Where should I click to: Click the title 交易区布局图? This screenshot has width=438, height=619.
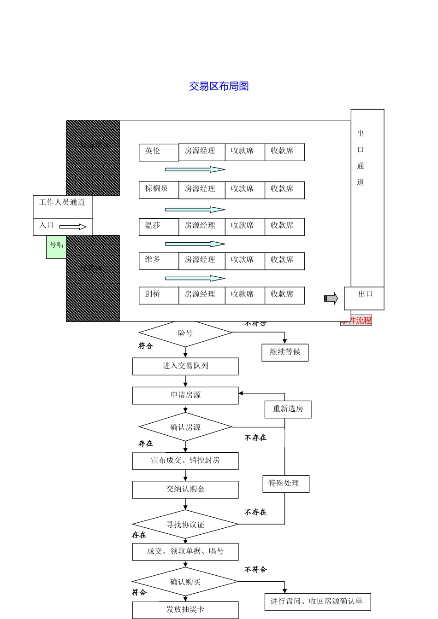(x=219, y=87)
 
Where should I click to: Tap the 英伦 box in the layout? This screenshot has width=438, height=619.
(x=158, y=152)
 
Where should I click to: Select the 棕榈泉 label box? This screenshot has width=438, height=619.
(x=158, y=189)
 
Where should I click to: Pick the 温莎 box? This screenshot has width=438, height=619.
(x=158, y=226)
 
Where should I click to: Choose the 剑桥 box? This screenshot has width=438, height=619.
(x=158, y=295)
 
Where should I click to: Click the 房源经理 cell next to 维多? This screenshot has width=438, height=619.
(x=201, y=260)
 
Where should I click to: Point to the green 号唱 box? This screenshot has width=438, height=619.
(x=56, y=246)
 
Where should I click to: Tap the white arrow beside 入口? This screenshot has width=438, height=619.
(x=73, y=227)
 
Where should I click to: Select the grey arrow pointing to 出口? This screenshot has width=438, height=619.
(x=331, y=298)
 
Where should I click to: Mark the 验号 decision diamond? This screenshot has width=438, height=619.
(x=185, y=333)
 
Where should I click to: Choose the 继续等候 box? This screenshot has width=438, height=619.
(x=285, y=352)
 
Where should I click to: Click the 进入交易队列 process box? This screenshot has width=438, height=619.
(x=185, y=366)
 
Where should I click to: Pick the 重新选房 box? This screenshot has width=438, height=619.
(x=288, y=409)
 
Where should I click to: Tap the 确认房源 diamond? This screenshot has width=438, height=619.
(x=185, y=427)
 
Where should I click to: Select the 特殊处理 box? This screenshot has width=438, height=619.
(x=285, y=484)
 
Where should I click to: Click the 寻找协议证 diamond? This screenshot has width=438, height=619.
(x=185, y=525)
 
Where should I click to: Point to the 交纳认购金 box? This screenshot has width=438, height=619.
(x=185, y=490)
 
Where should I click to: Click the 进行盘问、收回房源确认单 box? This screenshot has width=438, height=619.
(x=317, y=601)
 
